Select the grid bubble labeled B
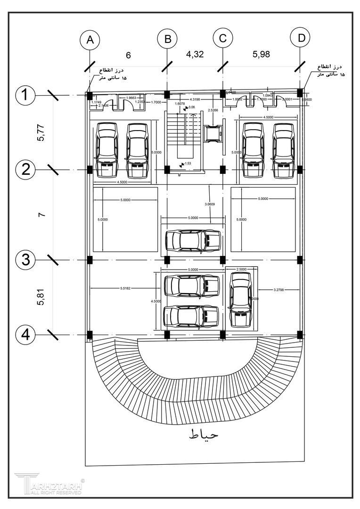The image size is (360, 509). tap(167, 40)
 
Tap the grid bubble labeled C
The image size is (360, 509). tap(223, 39)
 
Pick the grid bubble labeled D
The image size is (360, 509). tap(300, 38)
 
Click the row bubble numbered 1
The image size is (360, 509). tap(25, 96)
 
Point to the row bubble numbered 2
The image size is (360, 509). tap(25, 169)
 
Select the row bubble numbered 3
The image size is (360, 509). tap(25, 259)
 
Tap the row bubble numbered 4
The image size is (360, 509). tap(25, 335)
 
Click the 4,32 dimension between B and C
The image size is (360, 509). tap(195, 54)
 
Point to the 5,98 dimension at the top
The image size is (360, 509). tap(261, 54)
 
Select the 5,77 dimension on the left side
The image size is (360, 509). tap(42, 132)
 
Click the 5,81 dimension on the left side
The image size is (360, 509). tap(42, 297)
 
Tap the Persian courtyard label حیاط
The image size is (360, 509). tap(204, 434)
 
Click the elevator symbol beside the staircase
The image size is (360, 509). tap(213, 134)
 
